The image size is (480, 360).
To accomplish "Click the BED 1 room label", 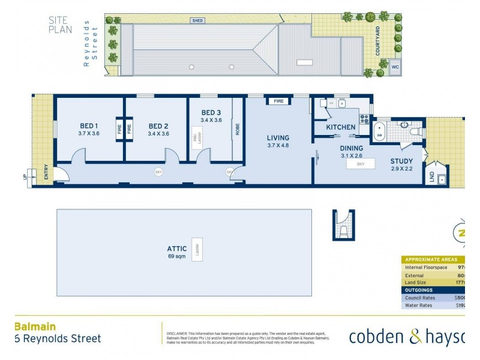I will click(x=89, y=126).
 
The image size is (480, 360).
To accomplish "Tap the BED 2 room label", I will click(x=158, y=127).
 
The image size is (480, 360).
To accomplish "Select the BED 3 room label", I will click(x=211, y=113).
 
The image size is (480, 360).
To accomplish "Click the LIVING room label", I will click(x=278, y=138).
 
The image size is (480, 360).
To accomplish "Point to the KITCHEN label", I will click(x=341, y=127).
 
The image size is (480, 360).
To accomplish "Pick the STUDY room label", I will click(x=401, y=161).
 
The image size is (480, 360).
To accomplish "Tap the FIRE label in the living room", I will click(x=278, y=101).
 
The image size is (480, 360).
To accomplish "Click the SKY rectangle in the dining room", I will click(x=361, y=163).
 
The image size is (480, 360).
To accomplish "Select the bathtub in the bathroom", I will click(x=379, y=131).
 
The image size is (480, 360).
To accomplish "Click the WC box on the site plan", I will click(x=395, y=67).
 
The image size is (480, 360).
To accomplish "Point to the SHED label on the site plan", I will click(x=197, y=20).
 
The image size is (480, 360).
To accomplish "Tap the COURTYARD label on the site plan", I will click(x=378, y=41).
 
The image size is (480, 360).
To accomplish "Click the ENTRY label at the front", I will click(x=46, y=173).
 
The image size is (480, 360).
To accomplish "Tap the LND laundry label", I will click(x=431, y=178).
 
